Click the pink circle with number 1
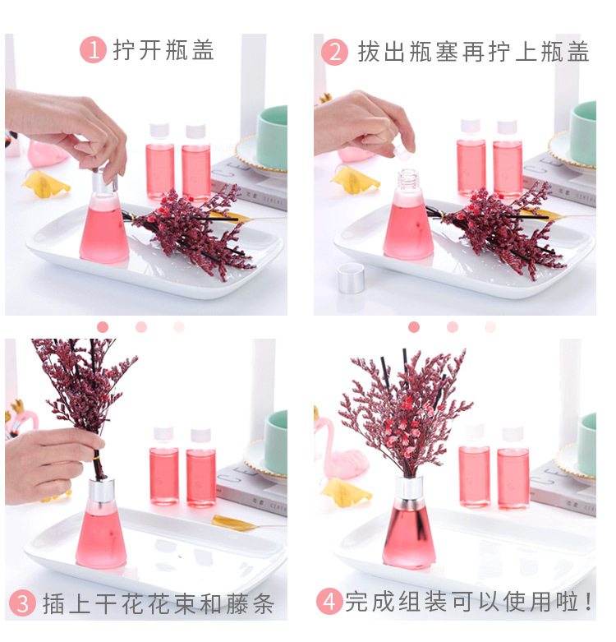click(x=93, y=49)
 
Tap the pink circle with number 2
click(x=334, y=52)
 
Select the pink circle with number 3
click(x=22, y=603)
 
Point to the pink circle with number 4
click(x=329, y=602)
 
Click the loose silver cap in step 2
click(x=351, y=278)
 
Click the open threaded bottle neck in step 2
click(x=407, y=179)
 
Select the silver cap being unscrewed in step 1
click(x=104, y=180)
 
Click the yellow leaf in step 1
click(x=46, y=184)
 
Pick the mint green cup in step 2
click(x=583, y=133)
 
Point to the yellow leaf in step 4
click(x=346, y=492)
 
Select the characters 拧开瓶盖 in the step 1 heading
click(x=163, y=50)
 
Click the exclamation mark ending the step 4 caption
click(x=589, y=602)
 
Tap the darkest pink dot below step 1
click(x=103, y=326)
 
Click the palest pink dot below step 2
click(x=490, y=326)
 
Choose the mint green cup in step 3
click(x=276, y=442)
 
